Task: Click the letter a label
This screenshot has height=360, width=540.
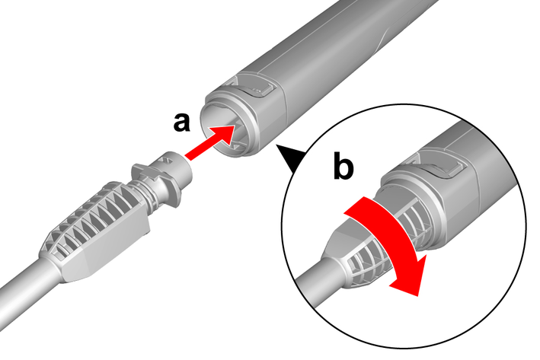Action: (x=181, y=122)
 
